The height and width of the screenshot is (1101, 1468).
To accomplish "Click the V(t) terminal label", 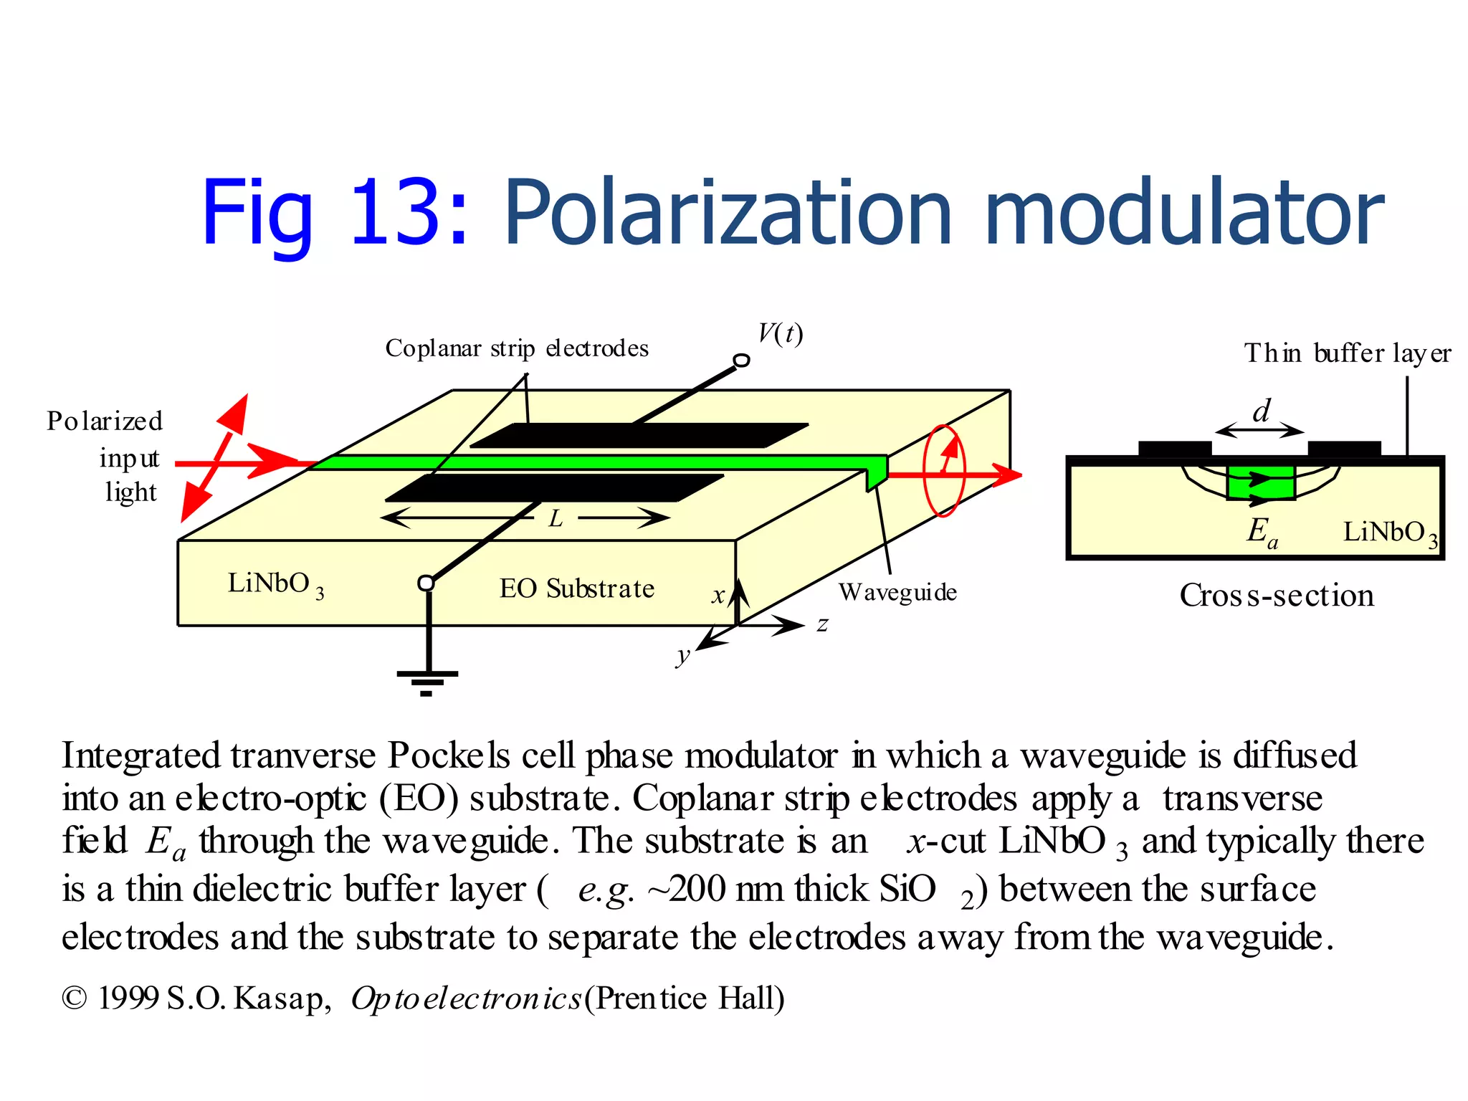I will [x=781, y=333].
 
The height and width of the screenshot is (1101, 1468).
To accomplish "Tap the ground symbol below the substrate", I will [x=427, y=680].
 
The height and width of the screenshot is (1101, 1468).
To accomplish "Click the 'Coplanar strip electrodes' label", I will [x=517, y=348].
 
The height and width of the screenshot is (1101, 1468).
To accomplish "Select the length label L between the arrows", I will [x=556, y=518].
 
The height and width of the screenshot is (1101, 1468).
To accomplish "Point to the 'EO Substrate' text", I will [x=577, y=588].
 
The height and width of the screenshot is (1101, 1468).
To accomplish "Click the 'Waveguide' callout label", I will [x=897, y=592].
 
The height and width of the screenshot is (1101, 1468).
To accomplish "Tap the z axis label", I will [x=823, y=624].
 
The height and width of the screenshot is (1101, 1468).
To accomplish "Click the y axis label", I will [x=683, y=654].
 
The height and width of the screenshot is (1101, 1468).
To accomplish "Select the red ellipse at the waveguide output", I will [x=944, y=471].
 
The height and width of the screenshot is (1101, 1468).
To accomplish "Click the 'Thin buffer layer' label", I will [x=1348, y=353].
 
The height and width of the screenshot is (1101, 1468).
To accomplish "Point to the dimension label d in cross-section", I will [x=1261, y=411].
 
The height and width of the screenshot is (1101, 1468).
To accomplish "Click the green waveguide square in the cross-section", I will [x=1261, y=482].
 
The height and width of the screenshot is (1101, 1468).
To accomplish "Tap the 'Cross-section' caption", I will [x=1277, y=596].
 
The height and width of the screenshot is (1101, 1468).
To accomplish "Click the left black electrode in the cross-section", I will [x=1175, y=449].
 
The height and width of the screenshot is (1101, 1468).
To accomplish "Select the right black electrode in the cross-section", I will [x=1344, y=449].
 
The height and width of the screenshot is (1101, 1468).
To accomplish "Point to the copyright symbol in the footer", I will [x=75, y=998].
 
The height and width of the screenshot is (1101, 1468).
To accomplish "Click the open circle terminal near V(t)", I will [x=742, y=361].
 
